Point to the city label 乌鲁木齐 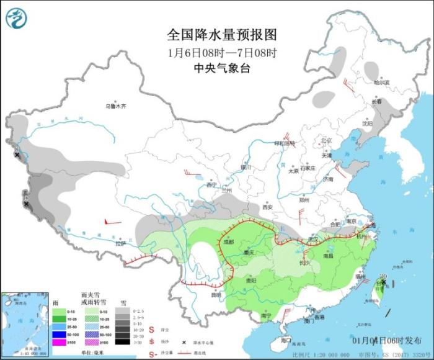(x=115, y=106)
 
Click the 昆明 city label (x=215, y=294)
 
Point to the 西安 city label (x=268, y=207)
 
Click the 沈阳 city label (x=367, y=124)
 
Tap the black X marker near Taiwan (x=384, y=282)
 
